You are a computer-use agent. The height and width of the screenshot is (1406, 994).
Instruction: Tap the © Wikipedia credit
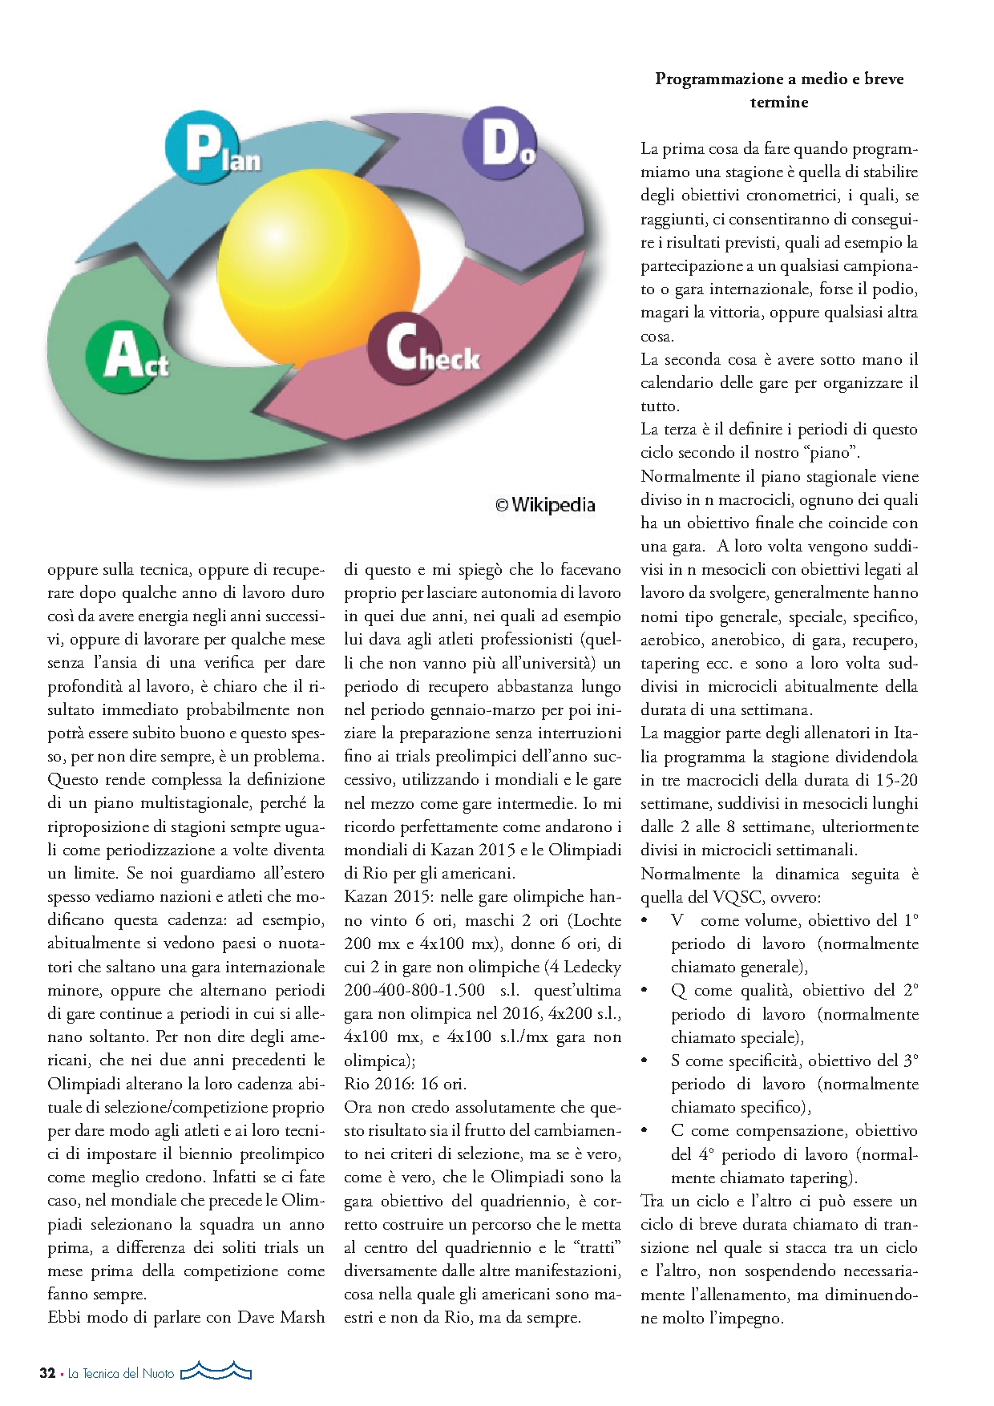545,505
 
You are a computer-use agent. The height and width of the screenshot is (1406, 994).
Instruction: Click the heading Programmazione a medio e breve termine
778,90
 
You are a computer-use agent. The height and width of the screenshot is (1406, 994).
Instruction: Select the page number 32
47,1372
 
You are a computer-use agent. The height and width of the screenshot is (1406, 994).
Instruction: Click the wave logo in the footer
216,1371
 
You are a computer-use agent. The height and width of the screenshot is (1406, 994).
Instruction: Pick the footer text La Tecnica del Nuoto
120,1373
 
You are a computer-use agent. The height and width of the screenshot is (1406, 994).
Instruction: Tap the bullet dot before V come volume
645,920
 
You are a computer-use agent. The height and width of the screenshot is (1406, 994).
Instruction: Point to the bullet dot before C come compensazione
645,1130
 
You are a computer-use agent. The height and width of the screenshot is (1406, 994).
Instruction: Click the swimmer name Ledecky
592,967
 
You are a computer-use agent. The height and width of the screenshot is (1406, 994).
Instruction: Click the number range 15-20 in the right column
897,780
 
